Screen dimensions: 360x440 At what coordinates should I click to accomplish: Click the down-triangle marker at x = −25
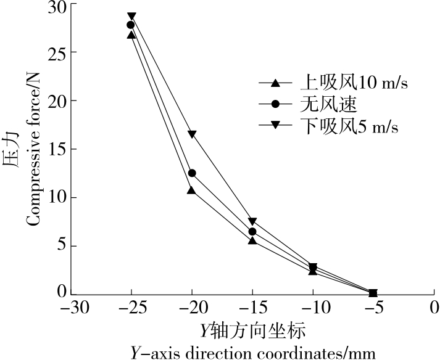[131, 17]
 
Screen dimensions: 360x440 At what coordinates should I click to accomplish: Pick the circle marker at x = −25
[131, 25]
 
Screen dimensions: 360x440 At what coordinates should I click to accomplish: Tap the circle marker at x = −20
[192, 173]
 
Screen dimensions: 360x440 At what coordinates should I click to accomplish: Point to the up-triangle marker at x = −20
[191, 190]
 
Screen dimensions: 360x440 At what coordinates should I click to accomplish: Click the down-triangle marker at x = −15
[252, 222]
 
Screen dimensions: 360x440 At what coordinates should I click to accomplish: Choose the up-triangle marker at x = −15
[252, 240]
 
